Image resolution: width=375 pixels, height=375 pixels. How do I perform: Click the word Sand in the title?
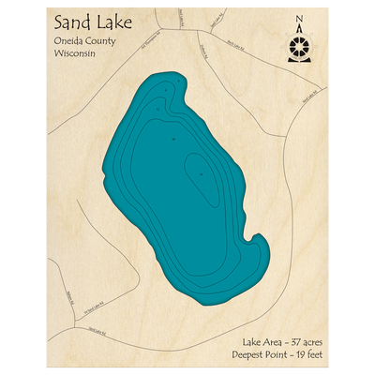click(72, 22)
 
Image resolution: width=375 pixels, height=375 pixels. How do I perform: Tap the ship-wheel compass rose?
click(299, 47)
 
